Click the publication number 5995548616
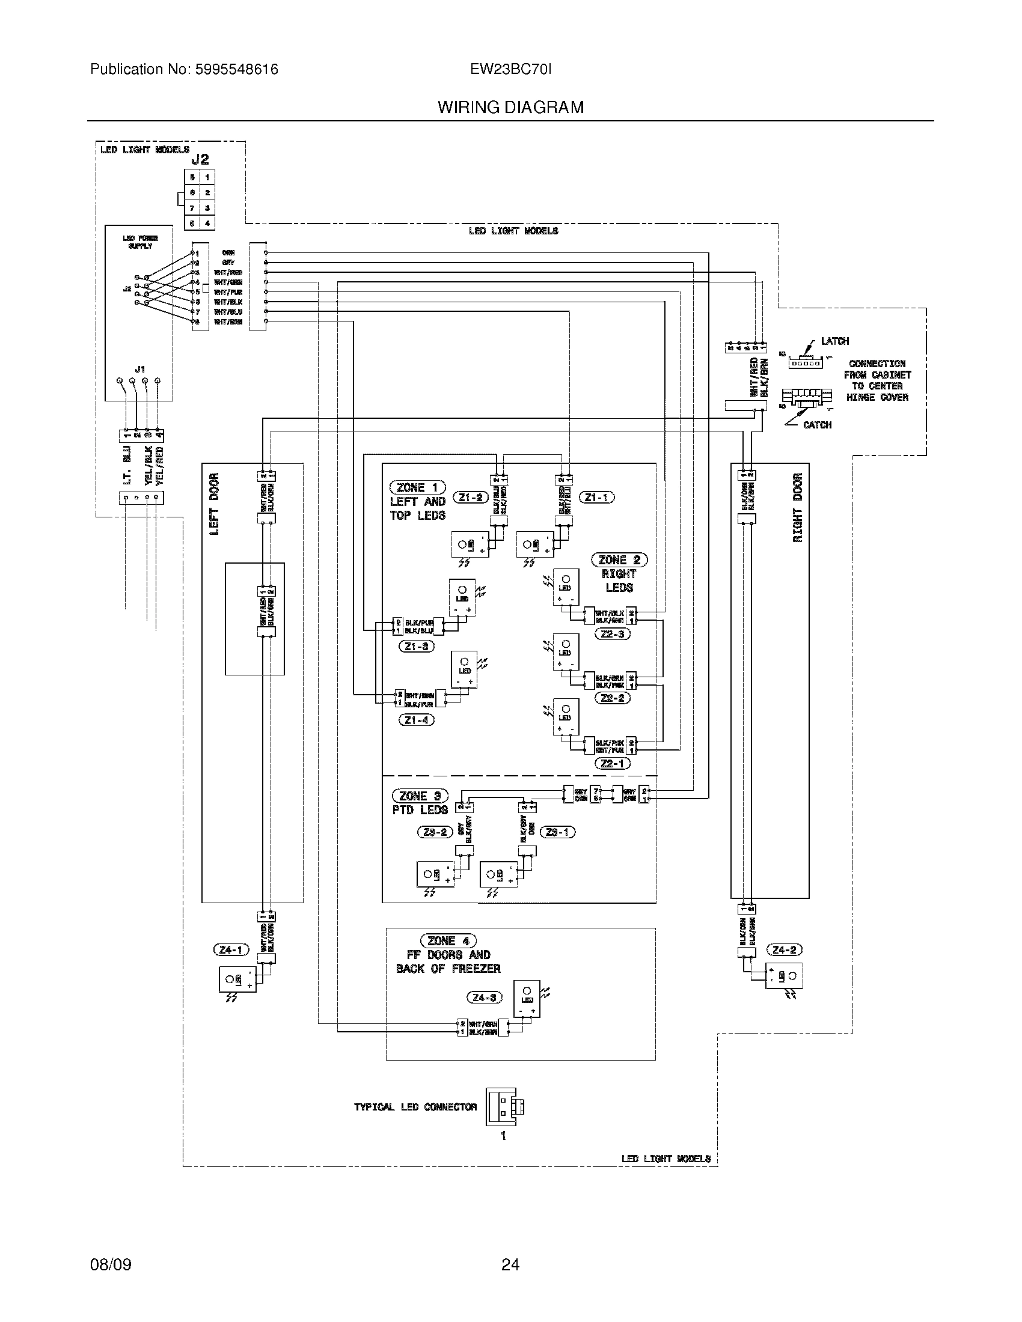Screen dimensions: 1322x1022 (x=236, y=70)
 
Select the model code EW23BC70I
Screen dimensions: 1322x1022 (x=510, y=70)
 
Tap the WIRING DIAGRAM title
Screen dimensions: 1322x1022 (x=510, y=108)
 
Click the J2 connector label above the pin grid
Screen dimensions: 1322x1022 (x=200, y=159)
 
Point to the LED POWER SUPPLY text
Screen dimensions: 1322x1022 (x=140, y=242)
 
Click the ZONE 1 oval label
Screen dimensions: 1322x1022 (x=418, y=487)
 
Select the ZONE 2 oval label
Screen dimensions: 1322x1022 (x=619, y=560)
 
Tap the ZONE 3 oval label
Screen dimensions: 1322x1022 (x=420, y=796)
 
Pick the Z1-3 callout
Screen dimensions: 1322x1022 (x=417, y=647)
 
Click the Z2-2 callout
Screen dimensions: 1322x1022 (x=613, y=698)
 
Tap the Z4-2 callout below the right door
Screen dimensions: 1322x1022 (x=784, y=949)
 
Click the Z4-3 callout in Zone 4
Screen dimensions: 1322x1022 (x=485, y=997)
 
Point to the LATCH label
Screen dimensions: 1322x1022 (x=834, y=341)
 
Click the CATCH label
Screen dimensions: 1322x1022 (x=817, y=425)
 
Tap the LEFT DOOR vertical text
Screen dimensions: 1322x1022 (x=214, y=504)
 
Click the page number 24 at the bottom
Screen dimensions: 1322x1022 (x=510, y=1264)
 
